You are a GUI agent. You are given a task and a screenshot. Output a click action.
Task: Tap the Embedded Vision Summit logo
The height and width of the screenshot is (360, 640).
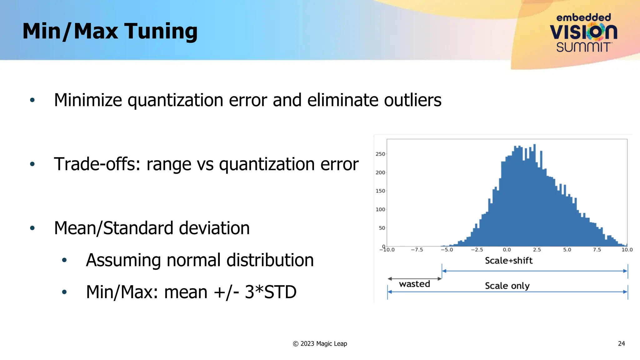pos(583,33)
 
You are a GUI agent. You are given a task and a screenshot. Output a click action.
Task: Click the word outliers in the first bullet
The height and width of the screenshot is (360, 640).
pos(412,100)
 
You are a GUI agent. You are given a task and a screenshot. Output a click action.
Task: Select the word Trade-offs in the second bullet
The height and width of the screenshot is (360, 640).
pos(97,164)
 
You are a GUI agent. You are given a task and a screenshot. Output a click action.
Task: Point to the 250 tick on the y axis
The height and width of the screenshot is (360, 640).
pos(380,154)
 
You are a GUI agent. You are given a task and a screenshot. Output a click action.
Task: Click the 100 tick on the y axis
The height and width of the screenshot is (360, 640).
pos(380,209)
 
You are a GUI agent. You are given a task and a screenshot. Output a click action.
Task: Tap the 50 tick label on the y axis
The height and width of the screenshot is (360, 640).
pos(382,228)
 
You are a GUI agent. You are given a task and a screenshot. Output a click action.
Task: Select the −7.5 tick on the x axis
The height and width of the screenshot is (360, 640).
pos(417,250)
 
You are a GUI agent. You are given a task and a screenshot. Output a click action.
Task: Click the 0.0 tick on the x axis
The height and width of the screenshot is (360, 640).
pos(507,250)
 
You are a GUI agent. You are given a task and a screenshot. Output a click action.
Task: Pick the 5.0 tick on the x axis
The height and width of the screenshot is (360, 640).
pos(567,250)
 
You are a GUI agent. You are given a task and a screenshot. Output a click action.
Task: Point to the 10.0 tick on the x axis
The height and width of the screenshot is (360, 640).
pos(627,250)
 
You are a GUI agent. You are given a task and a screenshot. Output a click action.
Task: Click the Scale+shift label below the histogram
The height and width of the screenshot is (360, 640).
pos(508,260)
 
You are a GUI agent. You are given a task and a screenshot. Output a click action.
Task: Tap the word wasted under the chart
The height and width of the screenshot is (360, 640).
pos(414,284)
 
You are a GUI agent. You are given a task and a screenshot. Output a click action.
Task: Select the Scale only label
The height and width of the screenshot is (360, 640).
pos(507,286)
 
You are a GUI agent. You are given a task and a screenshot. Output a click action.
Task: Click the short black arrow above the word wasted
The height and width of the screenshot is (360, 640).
pos(414,278)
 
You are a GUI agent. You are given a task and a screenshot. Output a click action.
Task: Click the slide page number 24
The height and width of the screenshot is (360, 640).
pos(621,343)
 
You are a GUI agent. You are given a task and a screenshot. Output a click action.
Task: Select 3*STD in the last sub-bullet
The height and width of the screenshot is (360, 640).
pos(270,292)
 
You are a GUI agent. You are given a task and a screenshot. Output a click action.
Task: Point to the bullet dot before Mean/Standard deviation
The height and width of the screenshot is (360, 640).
pos(32,228)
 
